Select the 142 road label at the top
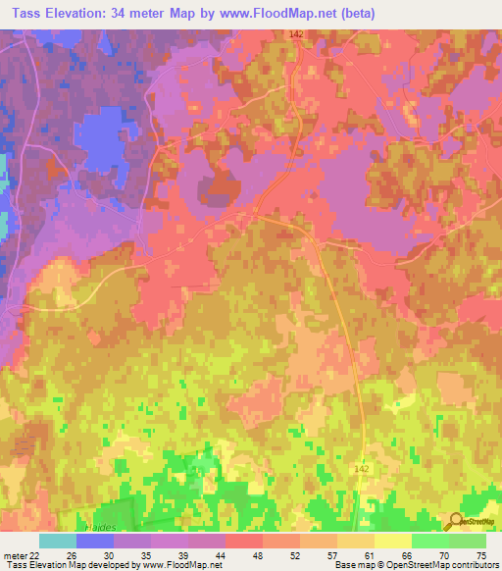click(297, 34)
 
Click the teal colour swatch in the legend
click(57, 541)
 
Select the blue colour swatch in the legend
click(94, 541)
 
